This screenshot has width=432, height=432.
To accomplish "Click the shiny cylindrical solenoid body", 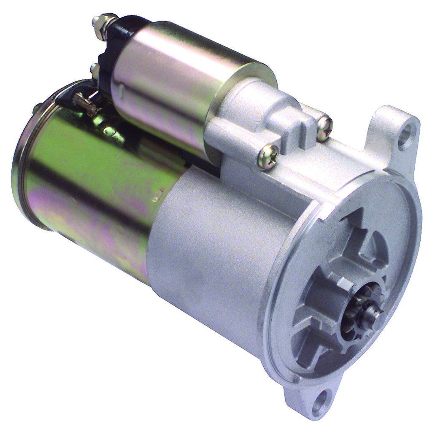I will point(177,84).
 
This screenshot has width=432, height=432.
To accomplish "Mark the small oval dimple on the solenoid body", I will point(121,89).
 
